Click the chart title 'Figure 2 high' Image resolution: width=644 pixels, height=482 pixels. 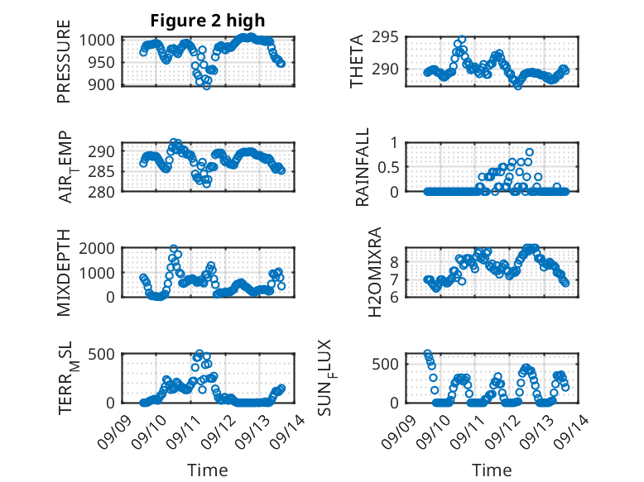pyautogui.click(x=208, y=21)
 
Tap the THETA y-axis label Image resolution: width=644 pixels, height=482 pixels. pyautogui.click(x=357, y=61)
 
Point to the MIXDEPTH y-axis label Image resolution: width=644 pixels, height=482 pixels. pyautogui.click(x=64, y=274)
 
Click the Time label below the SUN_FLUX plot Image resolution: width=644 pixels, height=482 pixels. pyautogui.click(x=492, y=470)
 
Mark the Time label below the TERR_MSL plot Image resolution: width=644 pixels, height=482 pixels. pyautogui.click(x=207, y=470)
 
